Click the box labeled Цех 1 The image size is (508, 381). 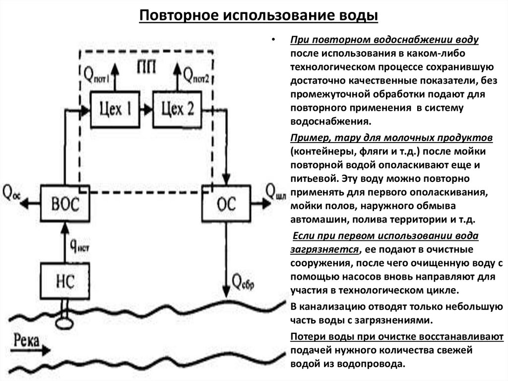pos(115,109)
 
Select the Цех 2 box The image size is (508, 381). pos(177,109)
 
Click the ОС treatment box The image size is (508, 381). pos(226,203)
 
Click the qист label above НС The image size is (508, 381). pos(80,244)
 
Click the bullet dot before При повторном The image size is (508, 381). pos(273,41)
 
